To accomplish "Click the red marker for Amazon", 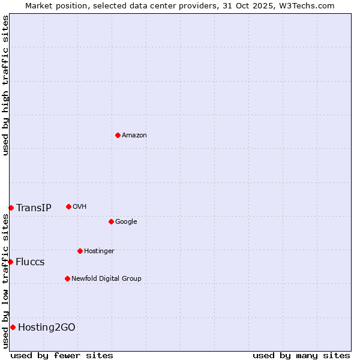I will click(x=118, y=135).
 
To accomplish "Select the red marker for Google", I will click(x=111, y=221).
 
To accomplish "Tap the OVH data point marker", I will click(x=68, y=206).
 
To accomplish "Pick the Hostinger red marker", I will click(x=80, y=251).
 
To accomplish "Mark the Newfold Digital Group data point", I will click(x=67, y=278).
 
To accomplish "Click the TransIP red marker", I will click(x=11, y=208).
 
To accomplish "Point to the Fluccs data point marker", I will click(x=10, y=262).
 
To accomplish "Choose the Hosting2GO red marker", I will click(x=13, y=327).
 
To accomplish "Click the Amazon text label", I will click(x=134, y=136).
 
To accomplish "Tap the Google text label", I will click(x=126, y=222).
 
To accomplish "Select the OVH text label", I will click(x=80, y=207).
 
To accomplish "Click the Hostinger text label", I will click(x=99, y=251).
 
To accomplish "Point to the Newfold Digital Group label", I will click(x=106, y=279).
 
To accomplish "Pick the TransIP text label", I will click(x=34, y=208).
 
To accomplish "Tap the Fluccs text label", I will click(x=30, y=262).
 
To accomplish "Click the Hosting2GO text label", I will click(x=47, y=328).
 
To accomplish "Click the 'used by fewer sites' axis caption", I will click(x=62, y=355).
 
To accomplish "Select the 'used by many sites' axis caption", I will click(x=301, y=355).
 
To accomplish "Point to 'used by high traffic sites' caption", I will click(x=5, y=85).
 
